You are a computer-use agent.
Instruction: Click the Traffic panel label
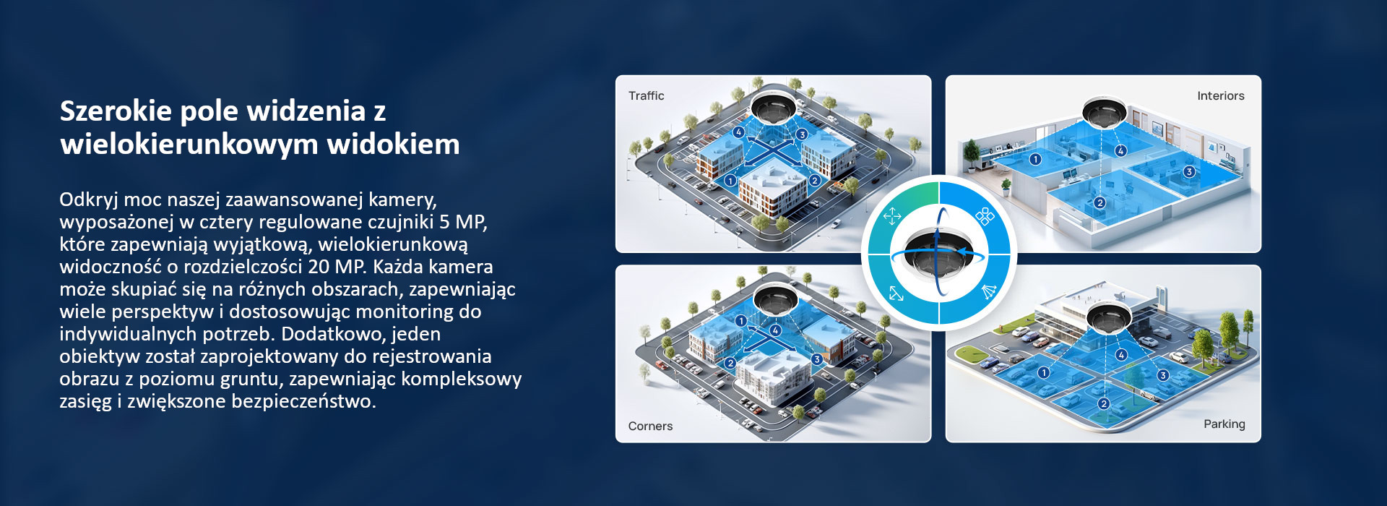tap(646, 95)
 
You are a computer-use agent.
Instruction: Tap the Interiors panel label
tap(1221, 95)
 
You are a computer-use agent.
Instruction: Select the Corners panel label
tap(650, 426)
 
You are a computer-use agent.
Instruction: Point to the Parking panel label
tap(1224, 424)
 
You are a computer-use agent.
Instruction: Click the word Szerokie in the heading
tap(116, 111)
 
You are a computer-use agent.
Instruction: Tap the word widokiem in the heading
tap(393, 144)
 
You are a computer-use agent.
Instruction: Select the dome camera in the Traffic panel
tap(774, 106)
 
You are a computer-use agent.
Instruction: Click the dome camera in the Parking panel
tap(1110, 318)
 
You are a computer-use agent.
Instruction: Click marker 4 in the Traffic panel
tap(738, 132)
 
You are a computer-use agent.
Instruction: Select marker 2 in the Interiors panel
tap(1099, 203)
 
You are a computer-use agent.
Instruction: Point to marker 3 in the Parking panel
tap(1163, 375)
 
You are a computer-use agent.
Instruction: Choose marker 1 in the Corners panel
tap(740, 320)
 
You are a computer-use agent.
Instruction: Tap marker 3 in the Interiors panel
tap(1189, 171)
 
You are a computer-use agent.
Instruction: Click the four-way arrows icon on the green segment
tap(892, 215)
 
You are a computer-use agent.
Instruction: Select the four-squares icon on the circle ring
tap(985, 215)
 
